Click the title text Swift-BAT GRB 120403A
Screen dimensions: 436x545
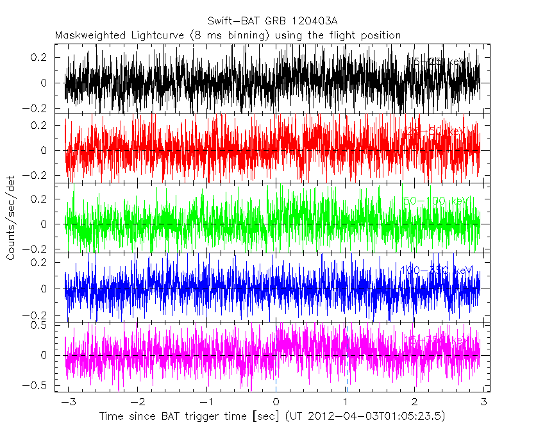272,21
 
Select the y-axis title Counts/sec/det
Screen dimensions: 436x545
11,218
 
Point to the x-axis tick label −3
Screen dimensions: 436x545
67,402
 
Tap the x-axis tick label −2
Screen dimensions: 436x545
137,402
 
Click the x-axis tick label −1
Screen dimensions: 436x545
206,402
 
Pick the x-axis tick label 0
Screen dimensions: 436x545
276,402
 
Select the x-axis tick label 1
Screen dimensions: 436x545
346,402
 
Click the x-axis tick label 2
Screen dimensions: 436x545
415,402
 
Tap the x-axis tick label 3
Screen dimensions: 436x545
484,402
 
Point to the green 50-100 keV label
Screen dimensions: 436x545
437,201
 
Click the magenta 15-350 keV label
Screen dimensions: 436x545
435,339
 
